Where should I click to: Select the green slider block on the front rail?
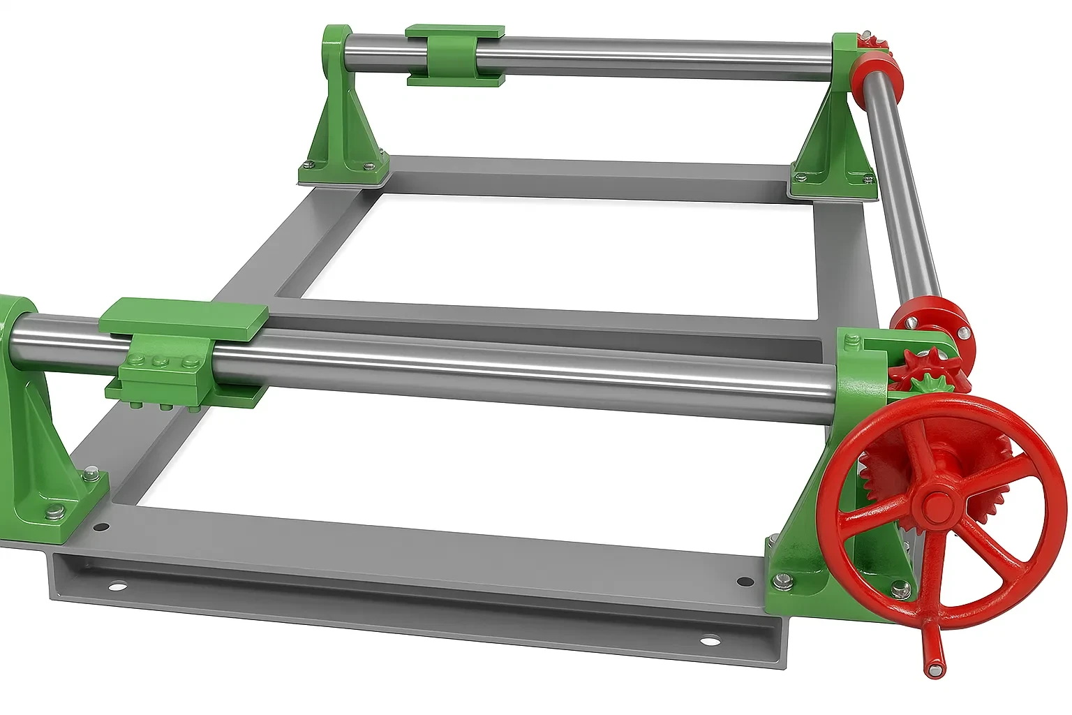183,353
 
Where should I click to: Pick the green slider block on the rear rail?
454,56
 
